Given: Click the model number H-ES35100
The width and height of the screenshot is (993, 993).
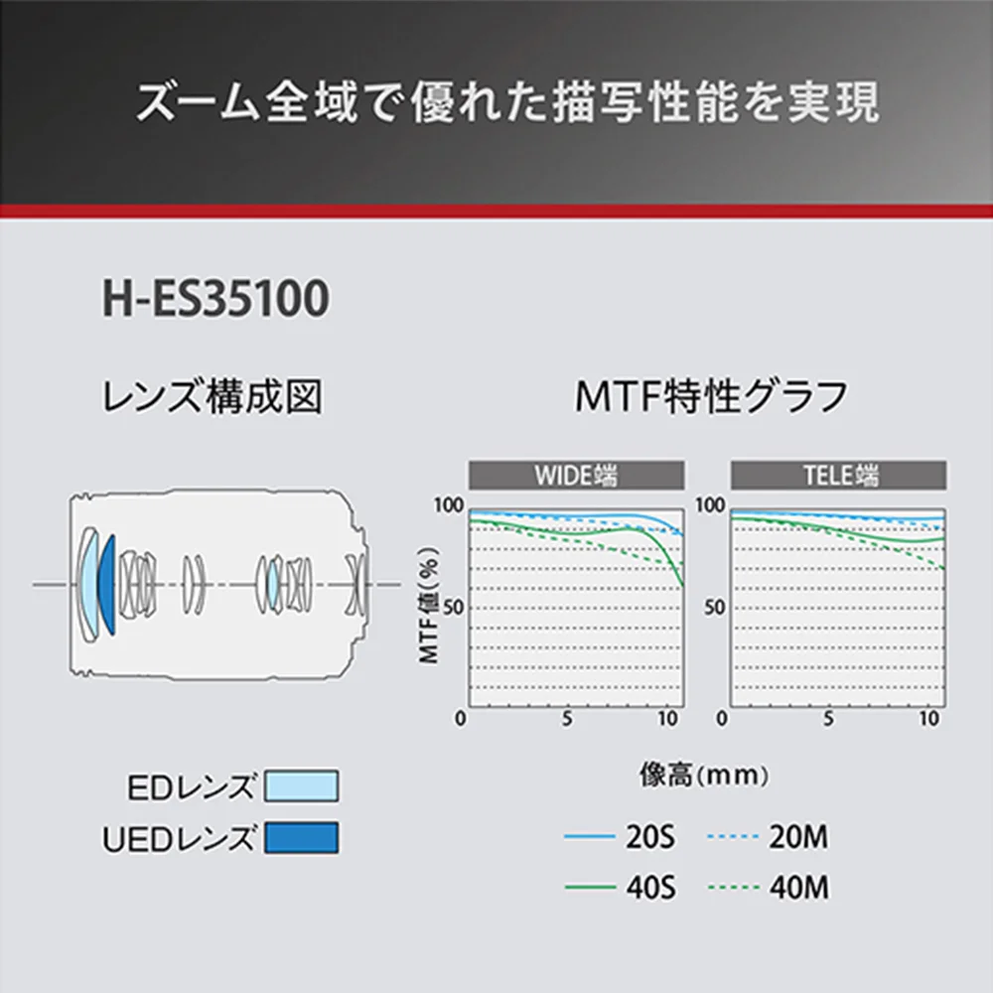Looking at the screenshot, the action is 215,298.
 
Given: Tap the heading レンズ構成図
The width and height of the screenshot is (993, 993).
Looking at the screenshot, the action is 213,396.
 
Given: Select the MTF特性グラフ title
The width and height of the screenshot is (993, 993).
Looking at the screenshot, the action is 711,396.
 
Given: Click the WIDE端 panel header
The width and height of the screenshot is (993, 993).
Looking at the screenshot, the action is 576,475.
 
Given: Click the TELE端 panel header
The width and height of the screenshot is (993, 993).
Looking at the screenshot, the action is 838,475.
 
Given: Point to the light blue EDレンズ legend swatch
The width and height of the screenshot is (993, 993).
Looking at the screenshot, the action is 302,785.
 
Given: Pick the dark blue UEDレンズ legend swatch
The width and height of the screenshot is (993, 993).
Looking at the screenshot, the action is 302,837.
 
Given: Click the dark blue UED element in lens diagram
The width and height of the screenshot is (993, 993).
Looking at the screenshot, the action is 107,585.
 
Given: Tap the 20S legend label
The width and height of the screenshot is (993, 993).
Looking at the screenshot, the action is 650,836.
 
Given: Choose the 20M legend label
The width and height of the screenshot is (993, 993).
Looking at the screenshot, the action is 798,836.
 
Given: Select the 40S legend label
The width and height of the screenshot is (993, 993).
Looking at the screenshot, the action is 651,887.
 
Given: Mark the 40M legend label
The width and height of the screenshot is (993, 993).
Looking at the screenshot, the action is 799,887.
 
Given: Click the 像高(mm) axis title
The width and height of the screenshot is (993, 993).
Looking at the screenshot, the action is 704,775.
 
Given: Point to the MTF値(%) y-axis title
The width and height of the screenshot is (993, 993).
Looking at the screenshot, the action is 429,605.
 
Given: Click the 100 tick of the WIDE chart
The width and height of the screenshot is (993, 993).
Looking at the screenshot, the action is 449,505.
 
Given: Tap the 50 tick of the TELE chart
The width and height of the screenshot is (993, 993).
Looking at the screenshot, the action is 715,608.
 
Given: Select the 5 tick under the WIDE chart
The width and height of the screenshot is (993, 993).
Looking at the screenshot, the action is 567,719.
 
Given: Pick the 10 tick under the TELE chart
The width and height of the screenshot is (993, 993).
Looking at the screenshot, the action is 929,719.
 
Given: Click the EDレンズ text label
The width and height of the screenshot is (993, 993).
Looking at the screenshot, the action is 191,787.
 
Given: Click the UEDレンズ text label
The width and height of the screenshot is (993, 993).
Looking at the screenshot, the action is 179,838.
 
